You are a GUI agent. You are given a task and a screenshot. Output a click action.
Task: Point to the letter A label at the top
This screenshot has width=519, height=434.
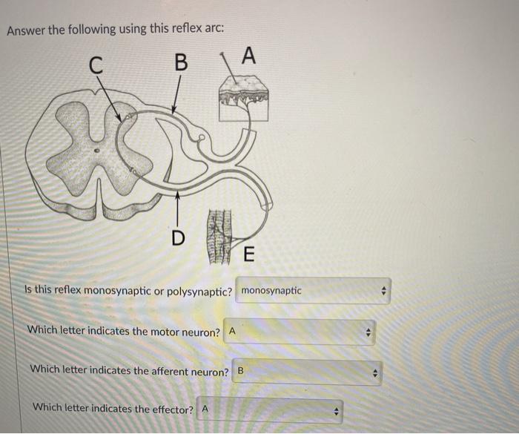coord(248,56)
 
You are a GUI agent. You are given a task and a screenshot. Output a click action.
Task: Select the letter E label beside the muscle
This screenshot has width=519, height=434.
coord(247,255)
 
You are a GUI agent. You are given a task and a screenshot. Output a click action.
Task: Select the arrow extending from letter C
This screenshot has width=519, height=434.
coord(110,100)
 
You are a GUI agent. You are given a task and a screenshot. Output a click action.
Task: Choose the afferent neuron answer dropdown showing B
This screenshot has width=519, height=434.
coord(307,371)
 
